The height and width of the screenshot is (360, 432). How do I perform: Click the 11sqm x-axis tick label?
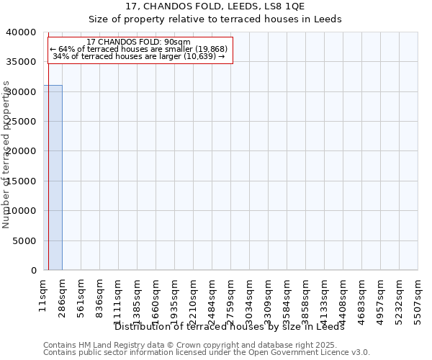click(x=44, y=295)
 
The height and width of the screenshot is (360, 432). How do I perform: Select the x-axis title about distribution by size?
click(x=230, y=327)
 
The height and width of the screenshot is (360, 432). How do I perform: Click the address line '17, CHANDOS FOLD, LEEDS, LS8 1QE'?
click(x=215, y=6)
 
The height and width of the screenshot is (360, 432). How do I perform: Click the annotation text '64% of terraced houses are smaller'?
click(x=139, y=49)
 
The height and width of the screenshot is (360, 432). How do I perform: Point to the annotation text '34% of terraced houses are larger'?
click(x=139, y=56)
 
